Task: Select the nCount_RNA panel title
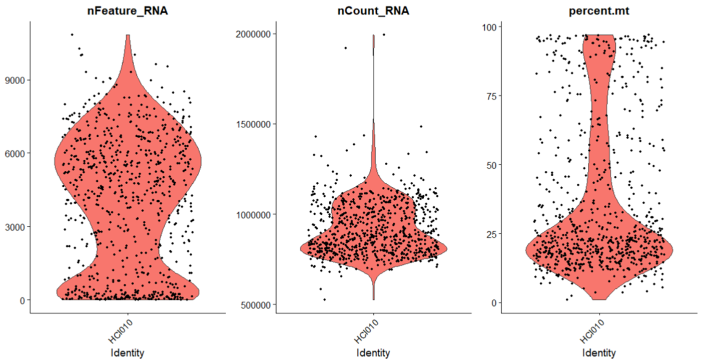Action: [373, 11]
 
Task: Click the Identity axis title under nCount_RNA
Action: [373, 353]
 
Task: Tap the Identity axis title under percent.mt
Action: [599, 353]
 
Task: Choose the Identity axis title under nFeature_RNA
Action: [128, 353]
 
